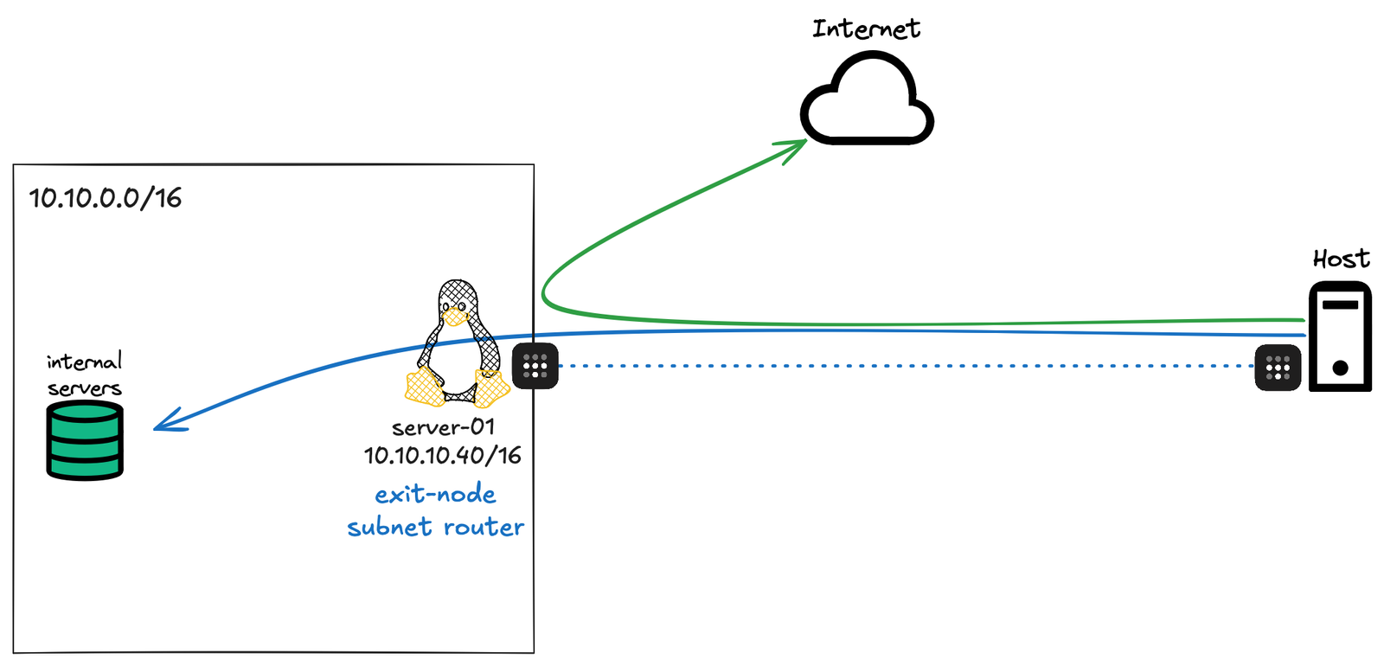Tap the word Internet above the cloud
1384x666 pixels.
866,29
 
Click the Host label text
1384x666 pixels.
1341,259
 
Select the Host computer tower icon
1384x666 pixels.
1340,337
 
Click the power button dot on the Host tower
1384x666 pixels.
1341,368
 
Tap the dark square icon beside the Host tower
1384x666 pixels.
1278,368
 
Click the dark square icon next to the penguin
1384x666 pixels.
535,366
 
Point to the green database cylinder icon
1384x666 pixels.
85,440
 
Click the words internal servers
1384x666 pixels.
84,375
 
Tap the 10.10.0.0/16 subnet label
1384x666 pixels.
106,198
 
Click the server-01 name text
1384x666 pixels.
443,427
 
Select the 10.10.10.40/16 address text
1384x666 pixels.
443,455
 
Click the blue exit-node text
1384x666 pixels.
435,495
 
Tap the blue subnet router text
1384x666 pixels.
435,527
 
